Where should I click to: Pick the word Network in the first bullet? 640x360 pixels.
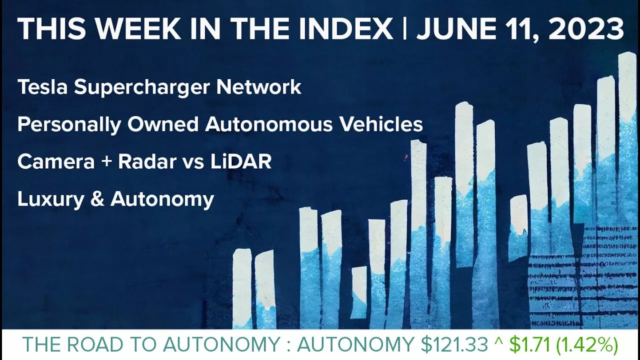click(x=259, y=87)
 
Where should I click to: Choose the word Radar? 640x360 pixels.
click(x=142, y=161)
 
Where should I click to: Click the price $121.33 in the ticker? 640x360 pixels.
click(x=454, y=345)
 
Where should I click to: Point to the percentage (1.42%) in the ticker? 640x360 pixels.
click(x=588, y=345)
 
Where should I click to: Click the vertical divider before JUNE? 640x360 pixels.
click(x=404, y=29)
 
